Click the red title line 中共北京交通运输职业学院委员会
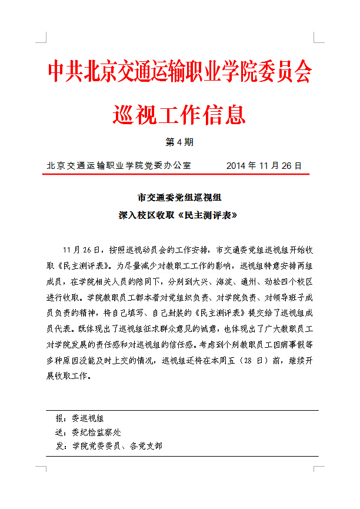pos(179,72)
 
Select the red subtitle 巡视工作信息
pos(179,112)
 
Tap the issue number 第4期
pos(179,142)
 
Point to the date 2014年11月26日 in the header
pos(264,165)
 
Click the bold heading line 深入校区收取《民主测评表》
pos(179,215)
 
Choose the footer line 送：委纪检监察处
pos(88,433)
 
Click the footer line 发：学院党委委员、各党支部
pos(109,446)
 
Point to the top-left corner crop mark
pos(41,38)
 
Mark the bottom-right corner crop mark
pos(318,471)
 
